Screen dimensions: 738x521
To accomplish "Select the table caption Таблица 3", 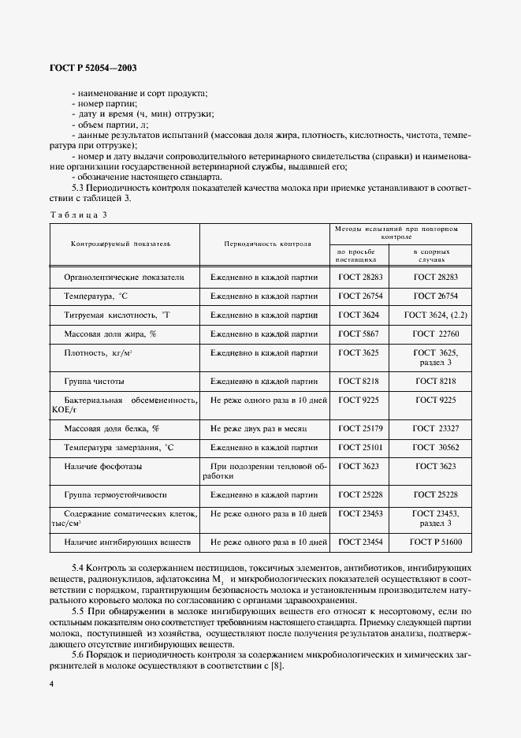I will pyautogui.click(x=78, y=214).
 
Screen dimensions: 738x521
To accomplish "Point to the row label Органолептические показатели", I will pyautogui.click(x=124, y=278).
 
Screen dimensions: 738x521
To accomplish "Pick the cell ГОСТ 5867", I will pyautogui.click(x=359, y=334).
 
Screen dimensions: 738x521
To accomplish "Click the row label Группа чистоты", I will pyautogui.click(x=94, y=381).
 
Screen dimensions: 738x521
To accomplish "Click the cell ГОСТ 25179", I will pyautogui.click(x=359, y=428).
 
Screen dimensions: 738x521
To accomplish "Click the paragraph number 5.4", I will pyautogui.click(x=78, y=568).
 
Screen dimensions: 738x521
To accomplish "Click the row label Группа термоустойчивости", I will pyautogui.click(x=115, y=494).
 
